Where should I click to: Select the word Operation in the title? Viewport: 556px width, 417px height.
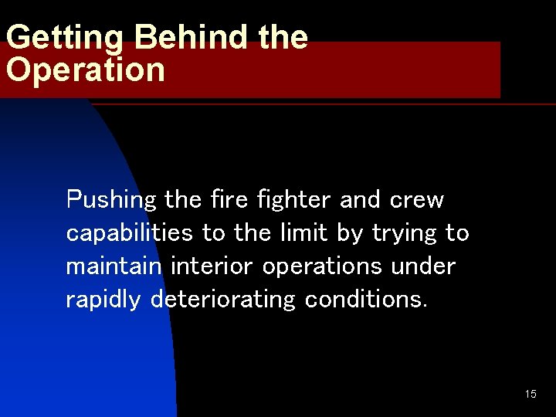(x=85, y=69)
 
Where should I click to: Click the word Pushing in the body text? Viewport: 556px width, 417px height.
(x=111, y=200)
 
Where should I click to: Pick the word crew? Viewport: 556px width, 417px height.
(x=417, y=200)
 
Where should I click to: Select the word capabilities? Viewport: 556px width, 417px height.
(x=130, y=232)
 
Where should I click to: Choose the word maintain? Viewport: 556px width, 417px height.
(x=114, y=266)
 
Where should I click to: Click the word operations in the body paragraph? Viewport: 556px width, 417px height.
(x=321, y=266)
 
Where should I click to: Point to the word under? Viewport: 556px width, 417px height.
(x=424, y=266)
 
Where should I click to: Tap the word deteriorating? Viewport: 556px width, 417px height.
(x=222, y=300)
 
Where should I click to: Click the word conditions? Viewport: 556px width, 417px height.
(x=365, y=299)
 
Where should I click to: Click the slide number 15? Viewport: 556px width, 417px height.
(x=531, y=395)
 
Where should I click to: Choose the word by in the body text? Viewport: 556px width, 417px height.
(x=349, y=233)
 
